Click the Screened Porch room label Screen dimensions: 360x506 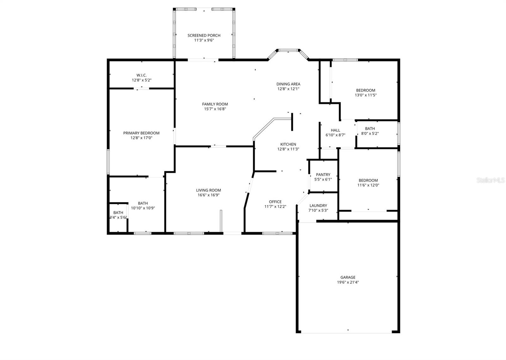(x=204, y=35)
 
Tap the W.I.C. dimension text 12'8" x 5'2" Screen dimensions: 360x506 (x=141, y=80)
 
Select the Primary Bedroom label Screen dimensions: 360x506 (x=141, y=133)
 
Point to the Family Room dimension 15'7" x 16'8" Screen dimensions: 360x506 (x=215, y=109)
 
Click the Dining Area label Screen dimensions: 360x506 (x=288, y=84)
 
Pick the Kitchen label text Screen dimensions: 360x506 (x=288, y=144)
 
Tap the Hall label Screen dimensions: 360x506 (x=335, y=130)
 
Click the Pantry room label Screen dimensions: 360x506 (x=323, y=175)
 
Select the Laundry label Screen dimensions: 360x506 (x=318, y=206)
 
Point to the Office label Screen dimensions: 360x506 (x=275, y=202)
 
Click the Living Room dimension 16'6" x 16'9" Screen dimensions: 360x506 (x=208, y=195)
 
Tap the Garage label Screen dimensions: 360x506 (x=348, y=277)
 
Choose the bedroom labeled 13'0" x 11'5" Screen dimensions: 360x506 (x=366, y=93)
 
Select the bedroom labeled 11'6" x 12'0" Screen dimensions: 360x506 (x=368, y=183)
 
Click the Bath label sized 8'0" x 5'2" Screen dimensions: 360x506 (x=370, y=131)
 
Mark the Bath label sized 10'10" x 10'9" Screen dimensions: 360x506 (x=143, y=206)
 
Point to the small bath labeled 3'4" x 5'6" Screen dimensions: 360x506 (x=118, y=215)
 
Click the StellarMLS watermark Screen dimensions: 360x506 (x=491, y=180)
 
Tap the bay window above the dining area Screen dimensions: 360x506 (x=288, y=50)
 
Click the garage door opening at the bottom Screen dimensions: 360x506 (x=348, y=332)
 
